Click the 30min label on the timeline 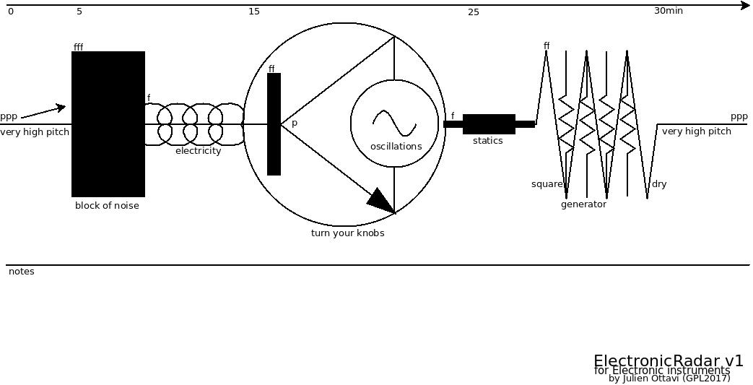tap(668, 11)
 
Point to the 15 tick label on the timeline tap(253, 12)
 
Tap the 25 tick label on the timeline tap(473, 12)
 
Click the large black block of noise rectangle tap(108, 124)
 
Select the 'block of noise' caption tap(107, 206)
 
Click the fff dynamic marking tap(78, 48)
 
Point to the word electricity tap(198, 151)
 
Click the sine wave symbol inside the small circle tap(394, 123)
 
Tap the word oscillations tap(396, 147)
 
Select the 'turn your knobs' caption tap(347, 233)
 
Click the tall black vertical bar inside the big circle tap(274, 124)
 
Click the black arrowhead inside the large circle tap(381, 200)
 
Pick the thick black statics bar tap(489, 124)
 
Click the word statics tap(487, 141)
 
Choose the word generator tap(583, 204)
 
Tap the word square tap(547, 184)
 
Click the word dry tap(659, 184)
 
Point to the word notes tap(21, 272)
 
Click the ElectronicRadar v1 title tap(668, 360)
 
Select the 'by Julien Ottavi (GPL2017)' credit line tap(669, 378)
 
